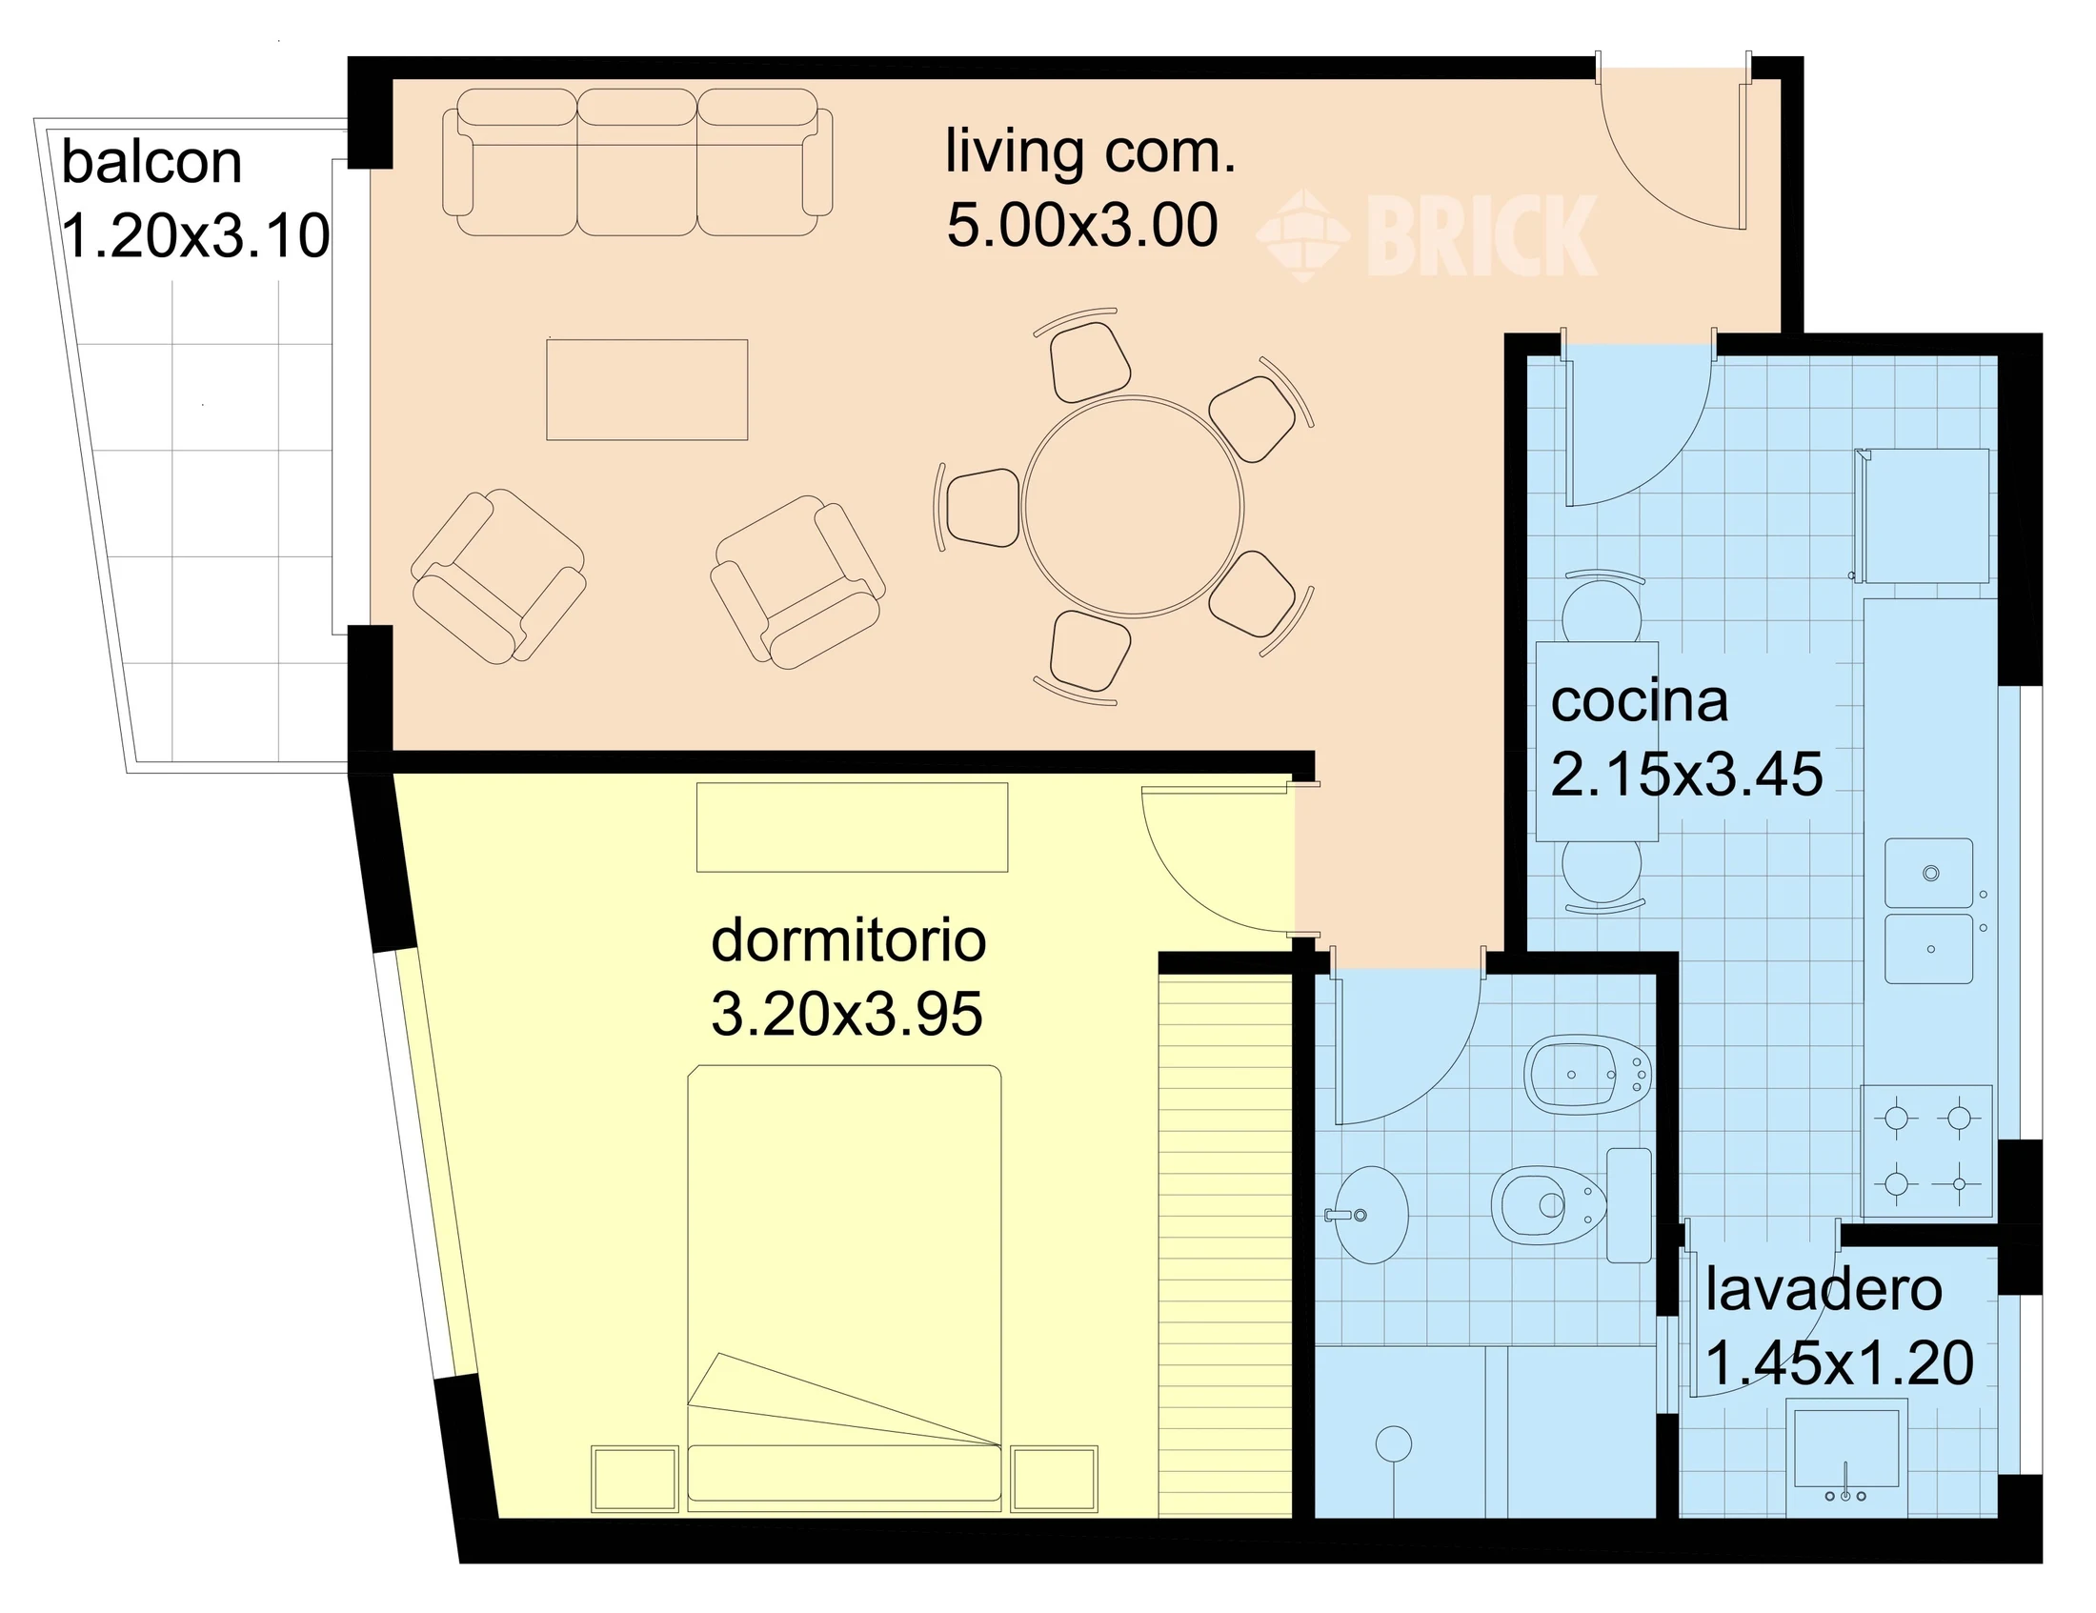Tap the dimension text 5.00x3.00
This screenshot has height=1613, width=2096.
1082,226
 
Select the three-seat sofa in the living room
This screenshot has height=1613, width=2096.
637,162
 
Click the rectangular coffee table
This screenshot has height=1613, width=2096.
647,390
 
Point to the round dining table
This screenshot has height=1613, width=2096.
1134,506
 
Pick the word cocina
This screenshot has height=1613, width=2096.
1640,701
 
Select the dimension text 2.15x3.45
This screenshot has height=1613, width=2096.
1686,775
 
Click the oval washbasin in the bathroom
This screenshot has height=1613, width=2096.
1371,1215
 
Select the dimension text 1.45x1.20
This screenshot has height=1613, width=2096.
1840,1362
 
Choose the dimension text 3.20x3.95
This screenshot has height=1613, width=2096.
846,1015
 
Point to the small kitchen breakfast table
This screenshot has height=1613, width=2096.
1597,741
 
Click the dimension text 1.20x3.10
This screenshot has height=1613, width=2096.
195,236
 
